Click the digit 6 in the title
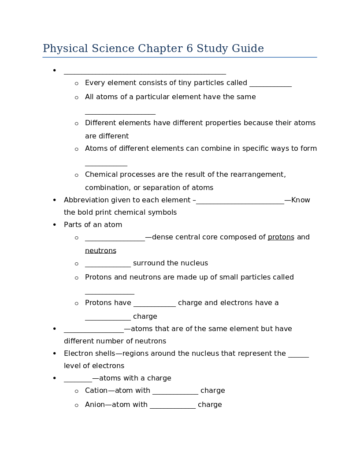click(x=189, y=48)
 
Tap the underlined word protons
click(x=281, y=237)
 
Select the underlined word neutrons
click(x=100, y=251)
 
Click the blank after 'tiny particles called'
click(x=270, y=84)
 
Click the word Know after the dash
click(x=301, y=200)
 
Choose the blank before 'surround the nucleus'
click(x=108, y=264)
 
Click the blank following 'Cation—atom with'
click(x=174, y=391)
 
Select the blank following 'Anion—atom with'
click(x=172, y=406)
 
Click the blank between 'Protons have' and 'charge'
click(x=155, y=304)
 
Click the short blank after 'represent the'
click(x=298, y=354)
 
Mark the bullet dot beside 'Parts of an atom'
click(x=55, y=225)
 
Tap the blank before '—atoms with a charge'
click(x=78, y=379)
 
